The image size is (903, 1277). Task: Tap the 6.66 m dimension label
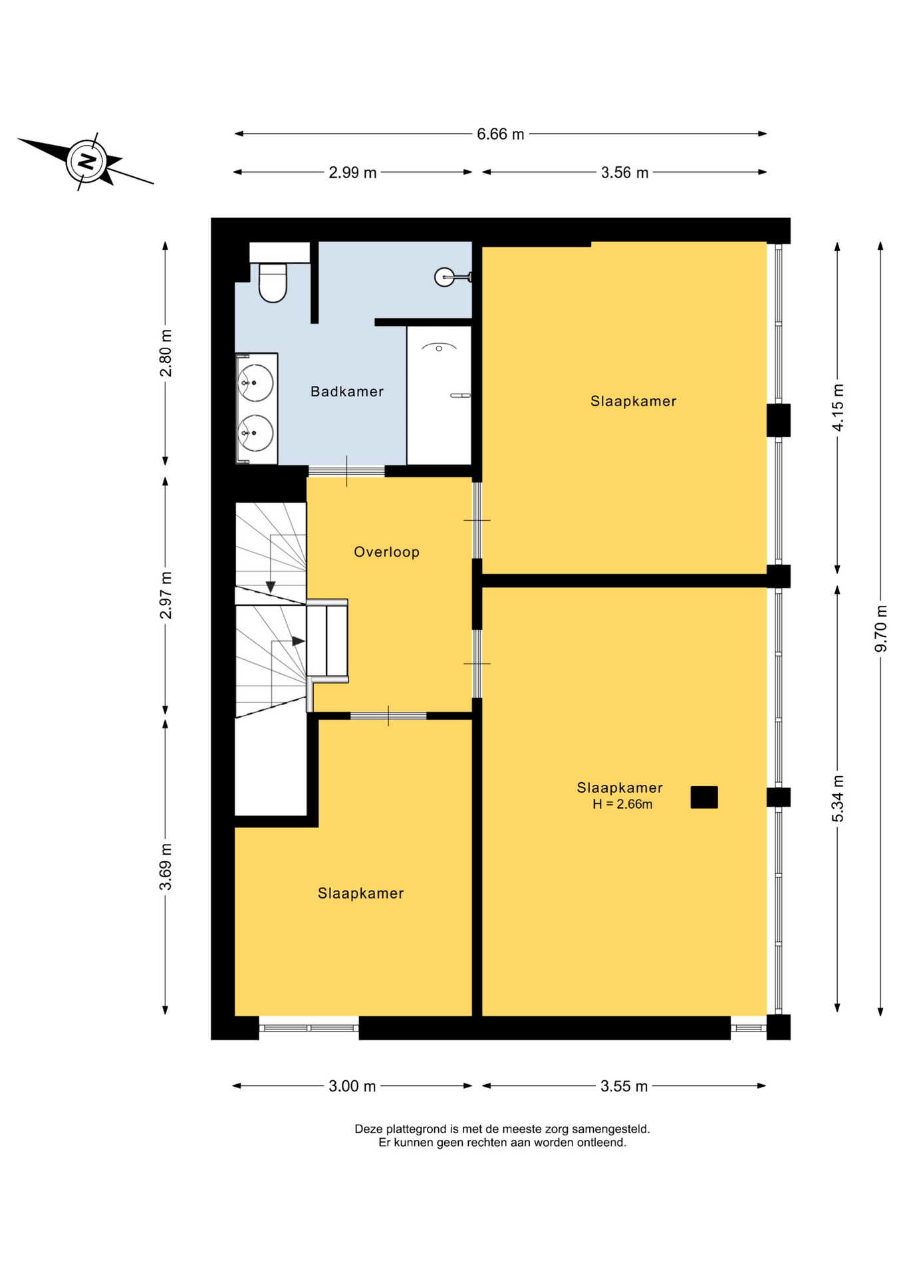coord(500,134)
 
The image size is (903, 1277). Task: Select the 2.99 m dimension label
coord(352,173)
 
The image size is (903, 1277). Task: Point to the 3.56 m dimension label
coord(624,173)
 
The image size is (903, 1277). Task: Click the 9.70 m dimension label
coord(881,629)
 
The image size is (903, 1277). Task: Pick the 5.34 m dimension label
coord(838,798)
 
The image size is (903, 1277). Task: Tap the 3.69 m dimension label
coord(166,867)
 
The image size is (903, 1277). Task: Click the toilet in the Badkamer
coord(272,283)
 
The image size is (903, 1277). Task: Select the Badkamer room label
coord(347,392)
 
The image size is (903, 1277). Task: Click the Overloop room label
coord(386,552)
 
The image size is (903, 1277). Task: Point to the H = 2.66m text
coord(622,804)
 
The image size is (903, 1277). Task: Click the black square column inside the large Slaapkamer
coord(704,797)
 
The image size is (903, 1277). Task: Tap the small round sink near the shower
coord(444,277)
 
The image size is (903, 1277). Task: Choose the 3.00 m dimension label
coord(352,1086)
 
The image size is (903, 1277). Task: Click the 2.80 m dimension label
coord(166,353)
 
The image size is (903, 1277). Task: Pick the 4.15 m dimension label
coord(838,408)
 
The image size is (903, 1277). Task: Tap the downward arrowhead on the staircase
coord(271,587)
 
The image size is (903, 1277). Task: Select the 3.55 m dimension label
coord(624,1086)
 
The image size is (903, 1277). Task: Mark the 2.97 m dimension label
coord(166,595)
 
